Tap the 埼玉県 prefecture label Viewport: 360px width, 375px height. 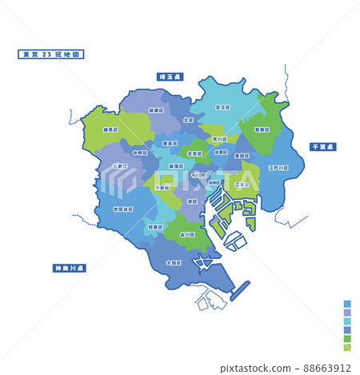coord(170,77)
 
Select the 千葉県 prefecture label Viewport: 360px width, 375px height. coord(324,147)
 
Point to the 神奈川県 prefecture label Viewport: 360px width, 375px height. coord(70,268)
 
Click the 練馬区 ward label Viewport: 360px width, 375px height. coord(111,128)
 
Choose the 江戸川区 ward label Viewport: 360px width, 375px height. coord(279,168)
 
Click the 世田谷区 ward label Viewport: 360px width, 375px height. coord(123,209)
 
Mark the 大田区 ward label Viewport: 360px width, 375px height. coord(174,261)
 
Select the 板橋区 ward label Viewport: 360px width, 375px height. coord(155,107)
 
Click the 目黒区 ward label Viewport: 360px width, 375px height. coord(158,227)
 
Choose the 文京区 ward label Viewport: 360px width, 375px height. coord(194,154)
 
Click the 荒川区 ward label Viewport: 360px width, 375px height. coord(218,138)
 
